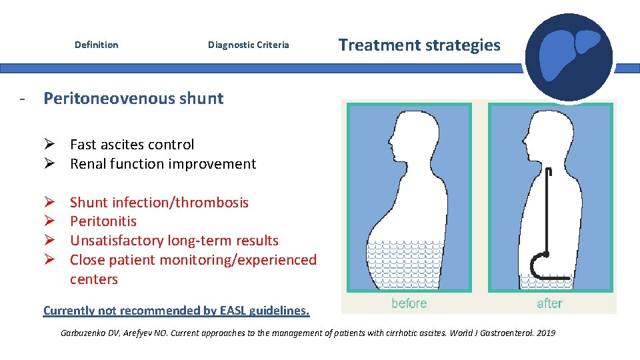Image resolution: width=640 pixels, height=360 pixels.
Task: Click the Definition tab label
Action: coord(96,45)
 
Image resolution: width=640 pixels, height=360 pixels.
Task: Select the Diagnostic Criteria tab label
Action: coord(248,45)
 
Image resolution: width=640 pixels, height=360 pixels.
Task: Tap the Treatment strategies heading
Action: coord(419,45)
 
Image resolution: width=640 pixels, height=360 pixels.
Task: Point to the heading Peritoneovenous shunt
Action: coord(133,99)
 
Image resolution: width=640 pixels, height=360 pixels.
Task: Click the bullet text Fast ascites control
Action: coord(132,145)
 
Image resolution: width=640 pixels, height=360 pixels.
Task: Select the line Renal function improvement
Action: coord(163,164)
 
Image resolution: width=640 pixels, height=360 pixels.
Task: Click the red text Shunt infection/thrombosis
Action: coord(159,203)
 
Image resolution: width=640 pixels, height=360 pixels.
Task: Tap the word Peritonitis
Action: coord(103,221)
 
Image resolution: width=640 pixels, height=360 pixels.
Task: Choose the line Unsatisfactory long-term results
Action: coord(173,241)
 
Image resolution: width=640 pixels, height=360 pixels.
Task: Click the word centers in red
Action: coord(93,279)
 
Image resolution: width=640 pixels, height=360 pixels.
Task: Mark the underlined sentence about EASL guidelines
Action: coord(176,311)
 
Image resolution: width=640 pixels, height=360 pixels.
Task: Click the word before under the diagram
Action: coord(409,303)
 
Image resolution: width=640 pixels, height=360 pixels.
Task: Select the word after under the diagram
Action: coord(549,303)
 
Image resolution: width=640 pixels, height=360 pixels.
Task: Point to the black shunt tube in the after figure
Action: coord(547,213)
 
